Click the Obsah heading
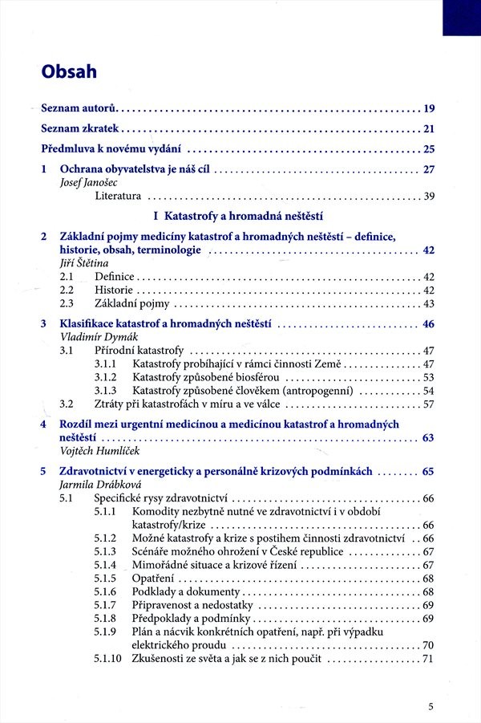(x=69, y=72)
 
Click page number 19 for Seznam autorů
(x=428, y=108)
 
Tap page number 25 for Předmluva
(x=428, y=149)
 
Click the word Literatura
(x=118, y=197)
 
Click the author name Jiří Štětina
(x=84, y=263)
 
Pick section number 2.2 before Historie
(x=67, y=290)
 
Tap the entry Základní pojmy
(x=131, y=304)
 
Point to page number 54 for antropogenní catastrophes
(x=428, y=391)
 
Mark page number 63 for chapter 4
(x=428, y=438)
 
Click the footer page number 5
(x=431, y=707)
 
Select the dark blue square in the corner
(x=461, y=17)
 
